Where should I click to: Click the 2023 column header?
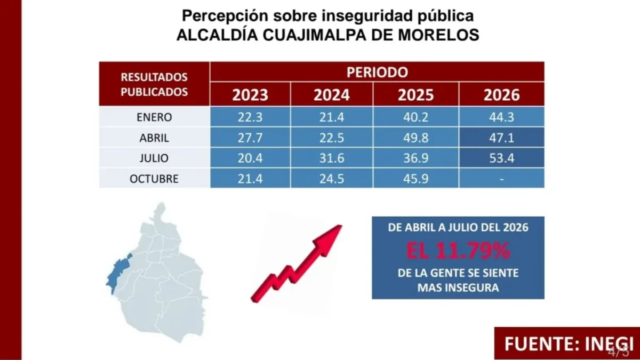250,94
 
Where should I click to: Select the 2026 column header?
502,94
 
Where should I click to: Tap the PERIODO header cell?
377,71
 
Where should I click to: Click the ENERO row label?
154,117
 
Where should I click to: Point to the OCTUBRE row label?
154,179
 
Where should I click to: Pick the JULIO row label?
154,158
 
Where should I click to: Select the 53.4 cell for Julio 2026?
502,158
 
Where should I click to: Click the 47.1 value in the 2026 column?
502,138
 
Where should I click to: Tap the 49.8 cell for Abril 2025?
415,138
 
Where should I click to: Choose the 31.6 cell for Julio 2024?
332,158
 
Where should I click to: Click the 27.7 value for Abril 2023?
250,138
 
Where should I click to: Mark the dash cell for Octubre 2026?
502,179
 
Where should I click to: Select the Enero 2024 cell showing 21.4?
332,117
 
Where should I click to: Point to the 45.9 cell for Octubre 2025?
415,179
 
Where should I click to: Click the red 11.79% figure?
458,251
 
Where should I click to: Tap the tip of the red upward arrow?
341,226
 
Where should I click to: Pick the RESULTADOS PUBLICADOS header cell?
154,84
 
